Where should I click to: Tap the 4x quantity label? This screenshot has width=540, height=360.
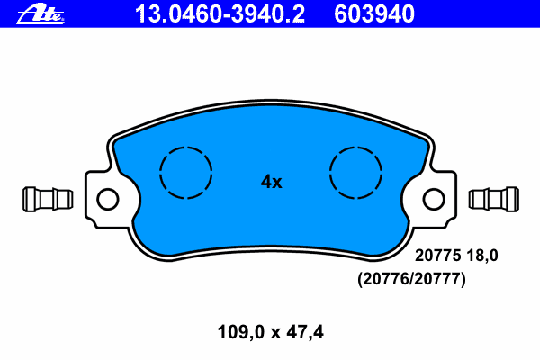271,182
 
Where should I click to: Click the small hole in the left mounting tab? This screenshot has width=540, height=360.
107,198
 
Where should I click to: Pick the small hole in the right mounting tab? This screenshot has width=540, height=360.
434,198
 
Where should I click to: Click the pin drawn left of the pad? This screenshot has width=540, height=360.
46,197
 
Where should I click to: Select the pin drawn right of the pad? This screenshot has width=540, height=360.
494,197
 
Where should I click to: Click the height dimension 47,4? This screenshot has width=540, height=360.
303,332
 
